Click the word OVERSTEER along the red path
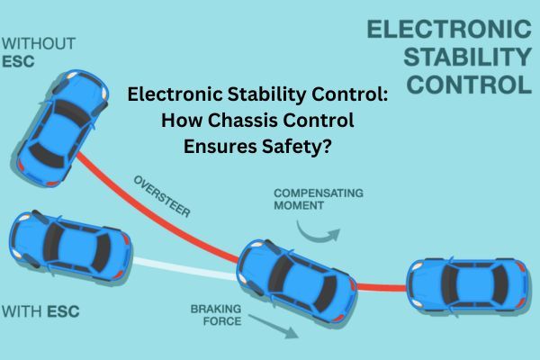162,196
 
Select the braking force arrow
274,327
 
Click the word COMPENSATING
319,193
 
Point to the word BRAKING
216,309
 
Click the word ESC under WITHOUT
18,62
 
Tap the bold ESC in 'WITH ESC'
63,311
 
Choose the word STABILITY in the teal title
468,57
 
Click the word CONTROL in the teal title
470,85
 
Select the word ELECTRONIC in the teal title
449,29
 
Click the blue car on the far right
467,285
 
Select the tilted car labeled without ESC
63,128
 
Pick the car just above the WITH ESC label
70,246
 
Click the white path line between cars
185,268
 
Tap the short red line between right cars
382,286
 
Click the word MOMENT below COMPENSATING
299,206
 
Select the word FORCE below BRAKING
222,321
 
